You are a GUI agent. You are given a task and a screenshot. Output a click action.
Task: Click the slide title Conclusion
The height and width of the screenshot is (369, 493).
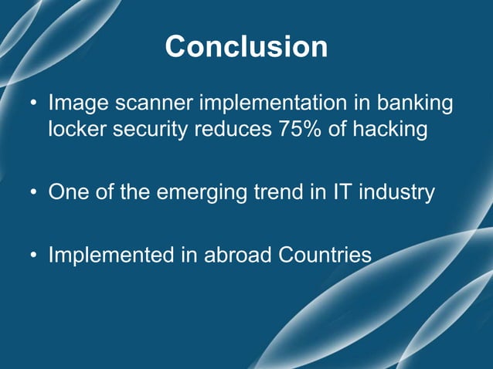246,47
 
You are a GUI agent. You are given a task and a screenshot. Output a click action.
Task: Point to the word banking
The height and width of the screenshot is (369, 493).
418,103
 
